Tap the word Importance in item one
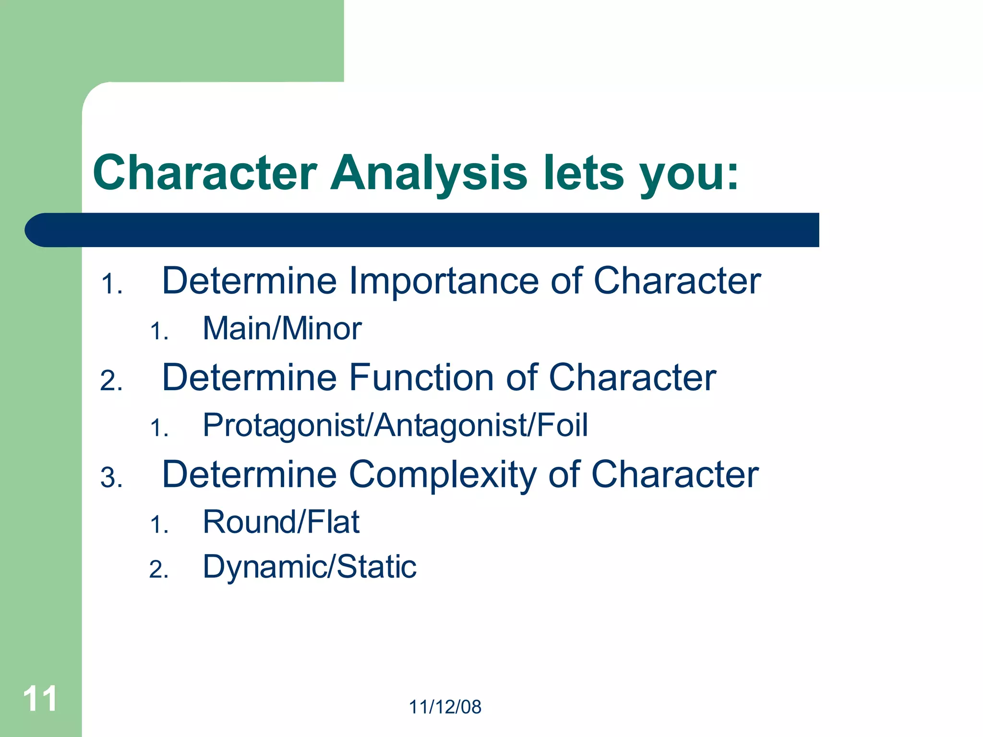tap(444, 281)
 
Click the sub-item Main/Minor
tap(282, 329)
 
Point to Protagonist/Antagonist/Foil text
tap(395, 426)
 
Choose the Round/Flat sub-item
tap(281, 522)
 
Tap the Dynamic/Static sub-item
tap(309, 567)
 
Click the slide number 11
tap(40, 699)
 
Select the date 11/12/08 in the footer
tap(445, 707)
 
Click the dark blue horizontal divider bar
tap(422, 230)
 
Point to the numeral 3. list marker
tap(111, 478)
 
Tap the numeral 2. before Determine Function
tap(111, 381)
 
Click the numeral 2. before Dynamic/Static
tap(159, 570)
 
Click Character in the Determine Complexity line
tap(675, 475)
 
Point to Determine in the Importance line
tap(250, 281)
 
